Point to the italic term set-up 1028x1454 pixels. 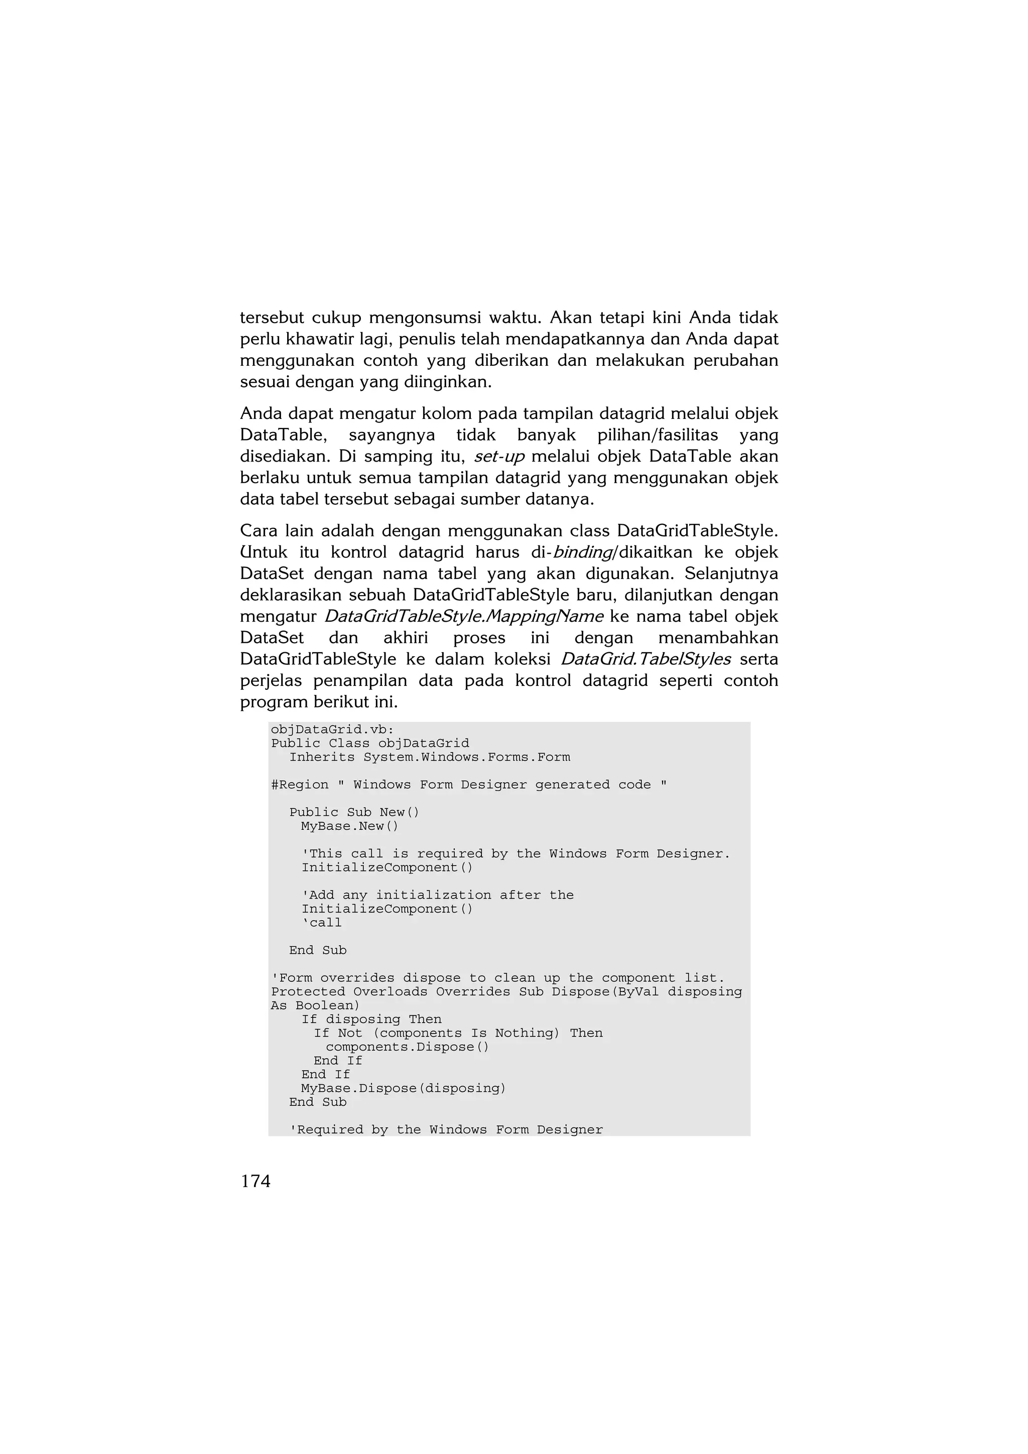499,456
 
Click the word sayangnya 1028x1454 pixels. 392,435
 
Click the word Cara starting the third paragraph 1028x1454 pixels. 259,531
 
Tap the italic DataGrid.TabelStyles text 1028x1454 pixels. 646,659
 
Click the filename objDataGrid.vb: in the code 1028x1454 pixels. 332,730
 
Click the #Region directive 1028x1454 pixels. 300,785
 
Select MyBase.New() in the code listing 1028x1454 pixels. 350,826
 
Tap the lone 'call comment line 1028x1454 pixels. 322,923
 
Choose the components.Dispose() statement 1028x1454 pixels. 407,1047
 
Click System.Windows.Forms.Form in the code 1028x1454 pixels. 466,758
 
